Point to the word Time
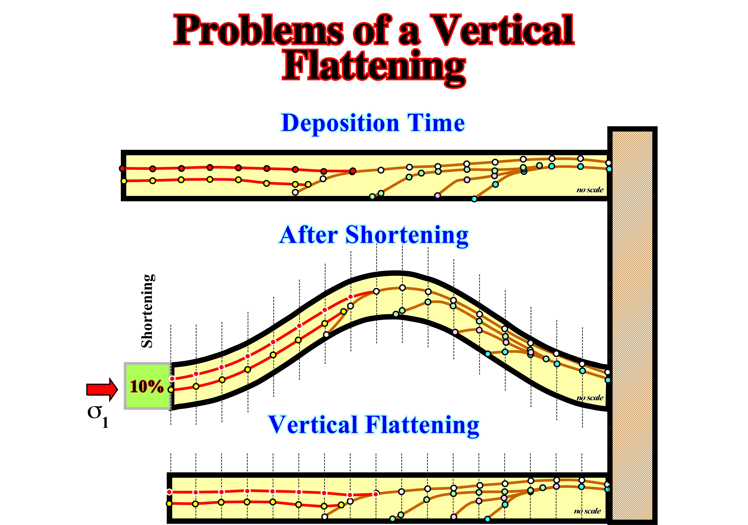[x=436, y=123]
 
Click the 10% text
[x=147, y=386]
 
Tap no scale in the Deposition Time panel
[x=590, y=190]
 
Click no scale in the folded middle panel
[x=590, y=398]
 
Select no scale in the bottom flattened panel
[x=587, y=511]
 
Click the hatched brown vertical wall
[x=632, y=325]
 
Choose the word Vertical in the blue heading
[x=313, y=425]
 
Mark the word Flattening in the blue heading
[x=422, y=426]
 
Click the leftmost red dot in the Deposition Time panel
[x=122, y=169]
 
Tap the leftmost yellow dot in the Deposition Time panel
[x=124, y=181]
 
